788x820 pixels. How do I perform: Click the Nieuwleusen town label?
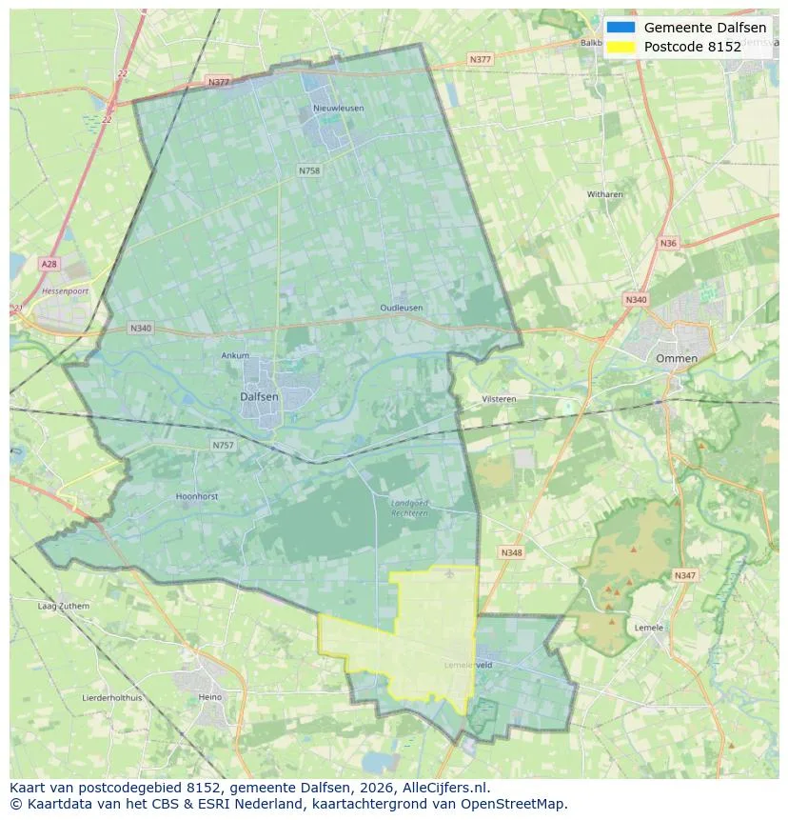(x=338, y=109)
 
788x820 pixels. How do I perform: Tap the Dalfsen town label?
(x=259, y=396)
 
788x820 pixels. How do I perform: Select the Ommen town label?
(x=676, y=359)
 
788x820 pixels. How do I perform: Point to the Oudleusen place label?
(x=401, y=309)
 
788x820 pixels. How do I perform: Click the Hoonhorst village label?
(x=198, y=496)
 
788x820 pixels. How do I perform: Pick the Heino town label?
(x=209, y=697)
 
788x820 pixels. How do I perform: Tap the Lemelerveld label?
(x=468, y=665)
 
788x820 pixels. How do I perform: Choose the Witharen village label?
(x=604, y=194)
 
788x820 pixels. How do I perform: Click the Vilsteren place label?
(x=499, y=399)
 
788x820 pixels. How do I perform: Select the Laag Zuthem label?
(x=63, y=606)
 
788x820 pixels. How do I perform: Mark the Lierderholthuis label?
(x=112, y=697)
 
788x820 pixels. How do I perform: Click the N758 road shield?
(x=309, y=170)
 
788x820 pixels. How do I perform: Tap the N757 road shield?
(x=223, y=445)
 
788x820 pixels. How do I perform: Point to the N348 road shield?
(x=511, y=552)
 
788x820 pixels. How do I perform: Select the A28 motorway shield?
(x=49, y=263)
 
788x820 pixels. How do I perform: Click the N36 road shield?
(x=668, y=244)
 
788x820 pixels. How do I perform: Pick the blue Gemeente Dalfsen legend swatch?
(x=620, y=28)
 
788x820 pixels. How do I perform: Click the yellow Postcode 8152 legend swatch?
(x=620, y=47)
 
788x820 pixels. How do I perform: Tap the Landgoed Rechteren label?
(x=409, y=508)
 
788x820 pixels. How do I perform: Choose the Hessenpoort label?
(x=65, y=290)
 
